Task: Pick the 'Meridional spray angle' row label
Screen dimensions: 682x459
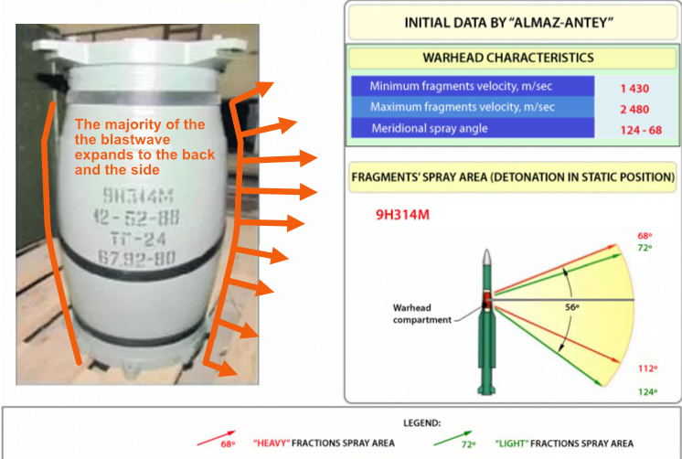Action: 430,129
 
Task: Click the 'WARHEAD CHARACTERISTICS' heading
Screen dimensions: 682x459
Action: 507,57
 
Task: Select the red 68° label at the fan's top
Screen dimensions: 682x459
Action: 644,236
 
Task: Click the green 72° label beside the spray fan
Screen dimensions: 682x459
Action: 644,249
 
